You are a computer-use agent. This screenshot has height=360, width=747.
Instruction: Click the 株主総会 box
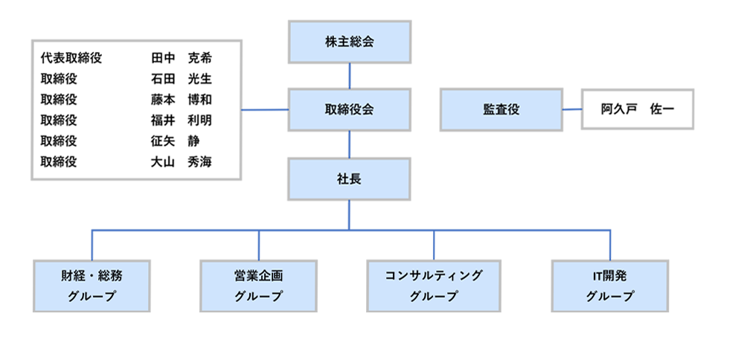pyautogui.click(x=349, y=42)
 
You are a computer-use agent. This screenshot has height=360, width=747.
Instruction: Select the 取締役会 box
pyautogui.click(x=349, y=110)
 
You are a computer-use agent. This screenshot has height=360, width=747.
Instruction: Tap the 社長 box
pyautogui.click(x=349, y=179)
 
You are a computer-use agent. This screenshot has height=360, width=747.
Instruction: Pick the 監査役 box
pyautogui.click(x=501, y=110)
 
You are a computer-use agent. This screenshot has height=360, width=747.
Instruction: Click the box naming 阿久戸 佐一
pyautogui.click(x=638, y=109)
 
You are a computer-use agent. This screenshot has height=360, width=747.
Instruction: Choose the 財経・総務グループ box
pyautogui.click(x=92, y=286)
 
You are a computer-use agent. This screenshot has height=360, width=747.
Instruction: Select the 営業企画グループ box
pyautogui.click(x=259, y=286)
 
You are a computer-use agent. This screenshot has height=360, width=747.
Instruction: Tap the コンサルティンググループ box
pyautogui.click(x=434, y=286)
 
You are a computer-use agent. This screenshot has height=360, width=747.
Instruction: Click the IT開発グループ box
pyautogui.click(x=610, y=286)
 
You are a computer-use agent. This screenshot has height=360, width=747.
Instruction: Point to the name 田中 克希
pyautogui.click(x=181, y=58)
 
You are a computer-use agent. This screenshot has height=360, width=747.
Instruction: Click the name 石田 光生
pyautogui.click(x=181, y=79)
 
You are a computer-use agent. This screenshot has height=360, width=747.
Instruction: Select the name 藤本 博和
pyautogui.click(x=181, y=100)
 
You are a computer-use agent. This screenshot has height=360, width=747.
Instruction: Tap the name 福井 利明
pyautogui.click(x=181, y=120)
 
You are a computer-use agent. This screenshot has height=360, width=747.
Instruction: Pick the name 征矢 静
pyautogui.click(x=175, y=141)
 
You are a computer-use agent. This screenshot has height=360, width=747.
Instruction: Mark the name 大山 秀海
pyautogui.click(x=181, y=162)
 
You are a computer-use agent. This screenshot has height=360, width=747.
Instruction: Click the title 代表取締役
pyautogui.click(x=71, y=58)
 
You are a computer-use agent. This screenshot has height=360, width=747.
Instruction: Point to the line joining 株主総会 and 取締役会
pyautogui.click(x=350, y=76)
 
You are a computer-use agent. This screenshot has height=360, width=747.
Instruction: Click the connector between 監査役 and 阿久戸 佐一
pyautogui.click(x=571, y=109)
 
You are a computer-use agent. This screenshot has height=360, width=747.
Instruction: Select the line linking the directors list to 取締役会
pyautogui.click(x=265, y=110)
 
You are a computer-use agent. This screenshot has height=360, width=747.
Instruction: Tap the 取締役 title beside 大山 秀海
pyautogui.click(x=59, y=162)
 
